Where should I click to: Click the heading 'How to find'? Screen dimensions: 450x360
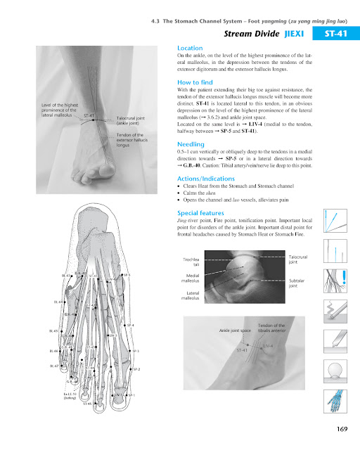pos(195,82)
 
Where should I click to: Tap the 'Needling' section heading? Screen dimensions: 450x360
pos(191,143)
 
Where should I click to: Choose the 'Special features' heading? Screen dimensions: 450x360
pos(200,212)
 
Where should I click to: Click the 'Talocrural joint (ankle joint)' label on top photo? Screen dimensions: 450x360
pos(130,121)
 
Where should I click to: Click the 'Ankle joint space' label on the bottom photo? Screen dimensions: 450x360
pos(236,329)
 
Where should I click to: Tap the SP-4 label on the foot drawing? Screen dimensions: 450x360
pos(130,326)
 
